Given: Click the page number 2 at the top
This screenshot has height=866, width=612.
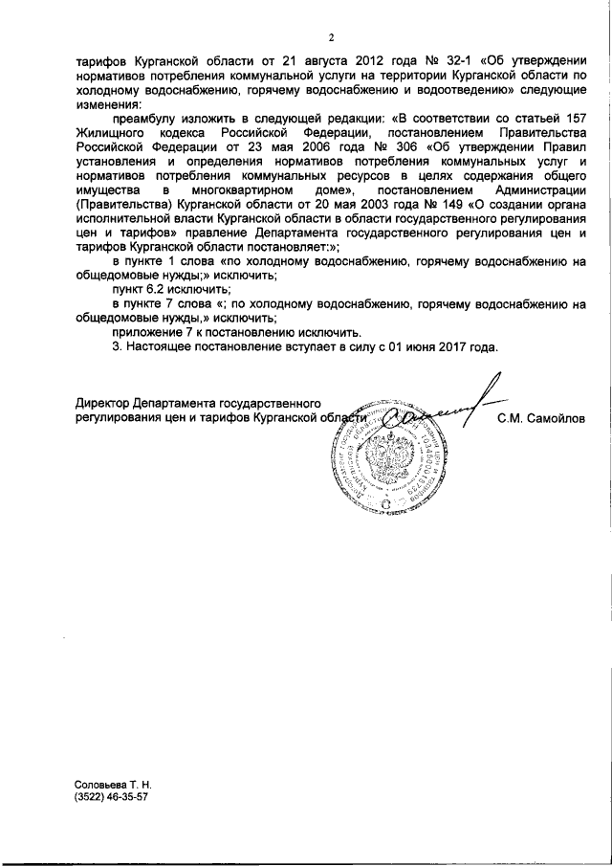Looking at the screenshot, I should [x=329, y=38].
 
